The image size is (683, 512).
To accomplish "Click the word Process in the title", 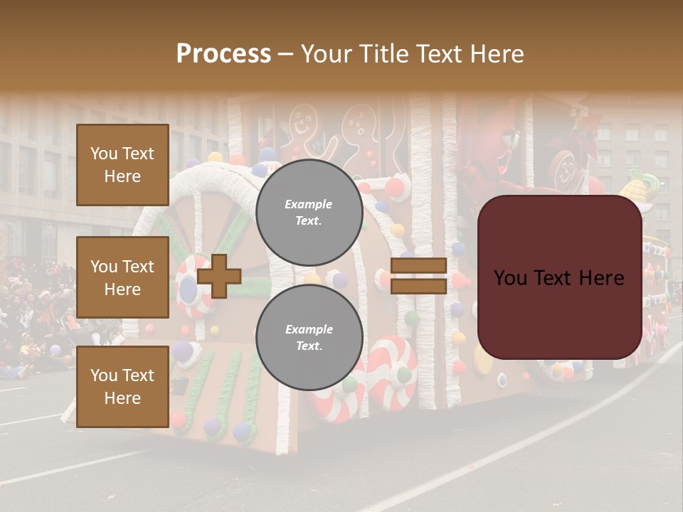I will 223,53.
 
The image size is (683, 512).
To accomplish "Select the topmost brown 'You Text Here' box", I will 122,165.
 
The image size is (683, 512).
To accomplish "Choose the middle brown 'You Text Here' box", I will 122,277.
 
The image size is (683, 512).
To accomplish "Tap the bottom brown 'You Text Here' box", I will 122,386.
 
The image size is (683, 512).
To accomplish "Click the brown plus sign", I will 219,277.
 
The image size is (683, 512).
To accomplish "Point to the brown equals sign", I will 418,277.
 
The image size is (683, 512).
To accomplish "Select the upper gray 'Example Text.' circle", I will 309,213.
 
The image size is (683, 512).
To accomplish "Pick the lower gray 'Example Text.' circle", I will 309,338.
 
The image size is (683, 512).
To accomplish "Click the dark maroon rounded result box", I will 559,277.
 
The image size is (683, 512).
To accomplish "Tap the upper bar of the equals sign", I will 418,266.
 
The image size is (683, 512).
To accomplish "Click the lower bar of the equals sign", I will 418,287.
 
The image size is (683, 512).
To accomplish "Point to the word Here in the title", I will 497,53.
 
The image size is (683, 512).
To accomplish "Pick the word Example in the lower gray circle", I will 309,329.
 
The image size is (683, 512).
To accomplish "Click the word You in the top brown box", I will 104,154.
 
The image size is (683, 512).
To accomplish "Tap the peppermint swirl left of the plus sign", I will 189,284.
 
